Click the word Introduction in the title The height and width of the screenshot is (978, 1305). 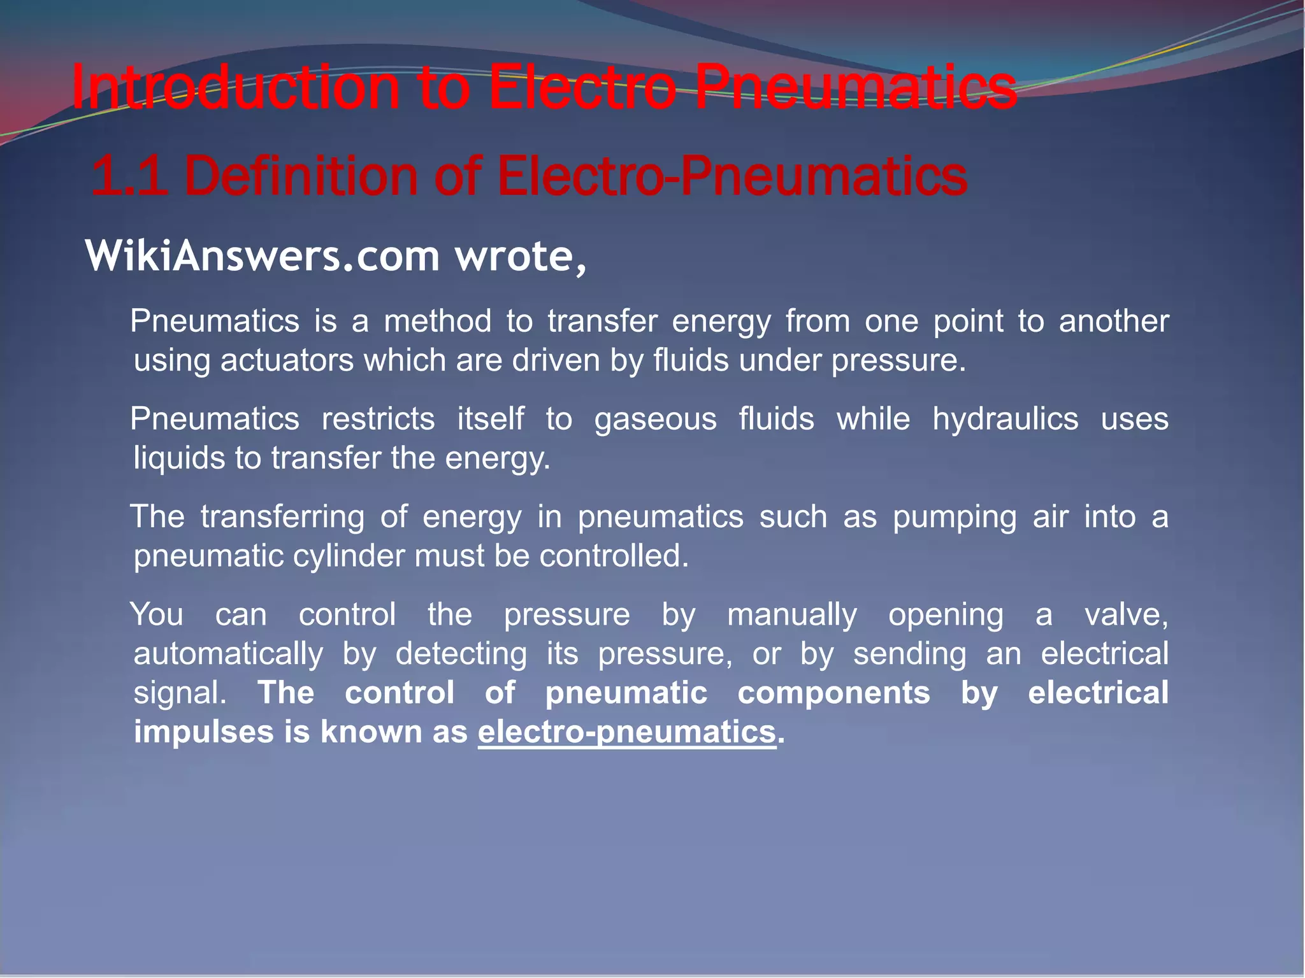(x=236, y=88)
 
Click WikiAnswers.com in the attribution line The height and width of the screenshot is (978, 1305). (x=262, y=256)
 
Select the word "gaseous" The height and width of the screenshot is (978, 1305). (x=655, y=419)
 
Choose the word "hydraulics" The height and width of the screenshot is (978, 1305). (x=1005, y=419)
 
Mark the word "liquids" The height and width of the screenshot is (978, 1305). (x=179, y=458)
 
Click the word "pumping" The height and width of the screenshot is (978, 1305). (x=954, y=516)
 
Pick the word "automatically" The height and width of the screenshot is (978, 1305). (x=228, y=654)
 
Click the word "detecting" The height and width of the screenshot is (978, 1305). (x=461, y=654)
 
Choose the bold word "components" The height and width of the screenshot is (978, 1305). (x=833, y=693)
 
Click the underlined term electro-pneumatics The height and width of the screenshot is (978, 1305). (x=627, y=732)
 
